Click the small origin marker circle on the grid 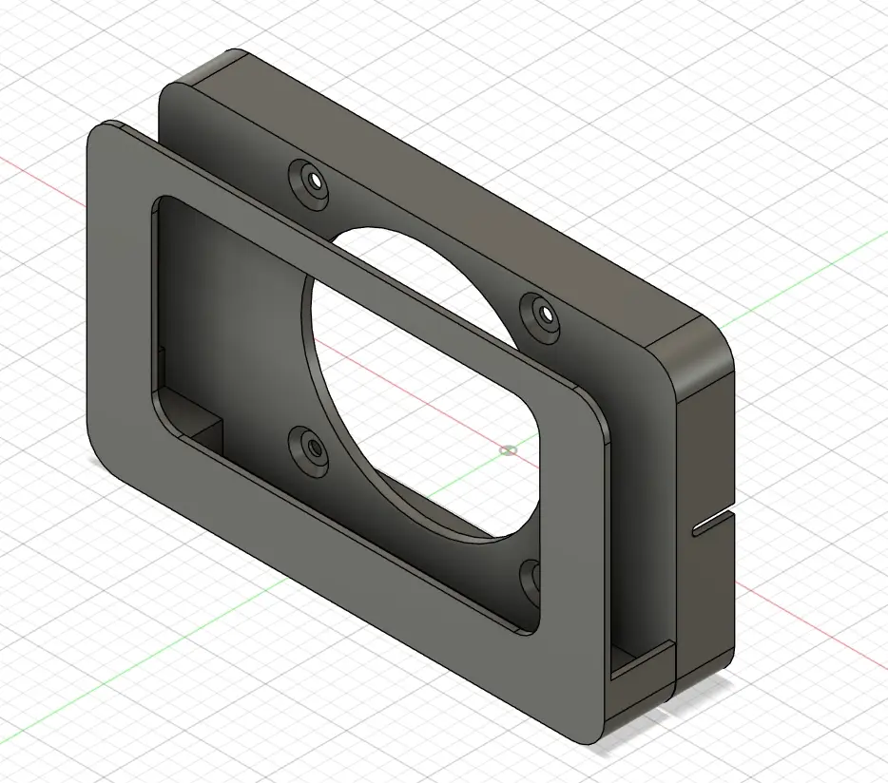coord(509,449)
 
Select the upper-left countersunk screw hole coord(312,180)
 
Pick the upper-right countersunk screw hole coord(545,311)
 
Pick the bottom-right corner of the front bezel coord(594,736)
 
